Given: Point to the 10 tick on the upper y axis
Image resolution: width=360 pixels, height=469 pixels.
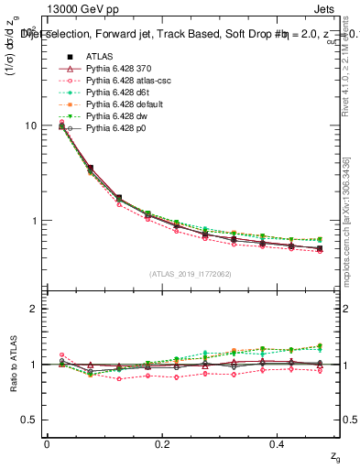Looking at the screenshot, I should coord(30,125).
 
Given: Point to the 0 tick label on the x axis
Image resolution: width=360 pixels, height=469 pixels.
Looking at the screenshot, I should coord(47,443).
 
